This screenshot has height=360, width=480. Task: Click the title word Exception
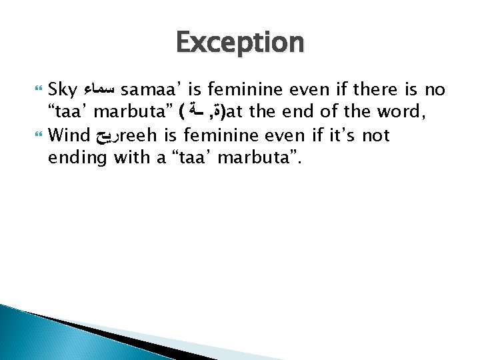click(240, 43)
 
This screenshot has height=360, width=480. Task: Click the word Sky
click(64, 89)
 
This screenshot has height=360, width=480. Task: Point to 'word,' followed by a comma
click(407, 113)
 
